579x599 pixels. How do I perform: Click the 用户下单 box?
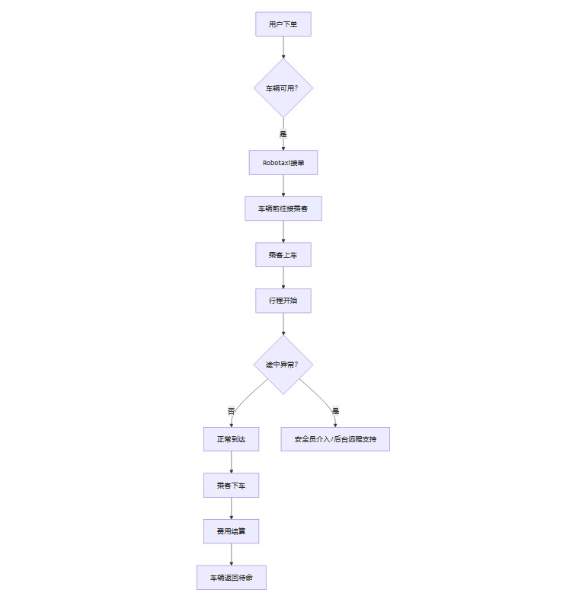[283, 24]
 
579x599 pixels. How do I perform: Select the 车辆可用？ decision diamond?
[283, 88]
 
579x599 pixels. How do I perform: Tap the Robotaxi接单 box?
[283, 162]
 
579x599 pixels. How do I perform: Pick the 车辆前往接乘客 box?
[283, 209]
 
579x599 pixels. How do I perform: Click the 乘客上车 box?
[283, 254]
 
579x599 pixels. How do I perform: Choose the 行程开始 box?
[283, 301]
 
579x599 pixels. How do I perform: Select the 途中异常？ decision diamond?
[283, 365]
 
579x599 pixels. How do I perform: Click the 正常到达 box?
[231, 439]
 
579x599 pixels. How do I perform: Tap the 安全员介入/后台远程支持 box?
[335, 439]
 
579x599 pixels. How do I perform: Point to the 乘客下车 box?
[231, 485]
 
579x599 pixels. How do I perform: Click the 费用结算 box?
[231, 531]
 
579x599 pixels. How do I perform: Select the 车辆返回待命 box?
[231, 578]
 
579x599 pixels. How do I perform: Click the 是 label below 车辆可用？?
[283, 133]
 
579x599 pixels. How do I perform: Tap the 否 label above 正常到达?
[231, 411]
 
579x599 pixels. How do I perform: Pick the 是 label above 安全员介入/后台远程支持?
[335, 411]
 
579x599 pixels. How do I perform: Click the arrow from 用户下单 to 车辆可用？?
[283, 47]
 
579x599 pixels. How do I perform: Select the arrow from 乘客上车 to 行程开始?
[283, 278]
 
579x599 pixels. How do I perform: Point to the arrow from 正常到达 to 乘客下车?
[231, 462]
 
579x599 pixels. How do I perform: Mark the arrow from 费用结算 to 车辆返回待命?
[231, 554]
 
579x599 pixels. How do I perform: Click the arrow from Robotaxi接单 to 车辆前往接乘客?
[283, 186]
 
